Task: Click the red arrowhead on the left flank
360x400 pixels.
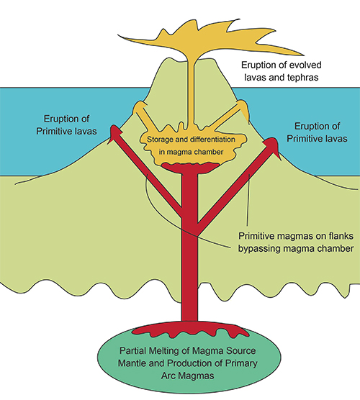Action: click(115, 132)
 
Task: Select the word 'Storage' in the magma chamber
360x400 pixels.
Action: click(158, 140)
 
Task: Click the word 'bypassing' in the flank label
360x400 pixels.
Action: click(259, 248)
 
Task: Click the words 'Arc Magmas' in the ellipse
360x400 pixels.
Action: click(188, 376)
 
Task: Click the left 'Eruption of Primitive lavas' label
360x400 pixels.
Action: click(66, 125)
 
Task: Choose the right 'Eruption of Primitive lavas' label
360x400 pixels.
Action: click(317, 132)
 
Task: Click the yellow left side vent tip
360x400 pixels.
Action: click(140, 106)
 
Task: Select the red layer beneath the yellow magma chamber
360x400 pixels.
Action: click(191, 168)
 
